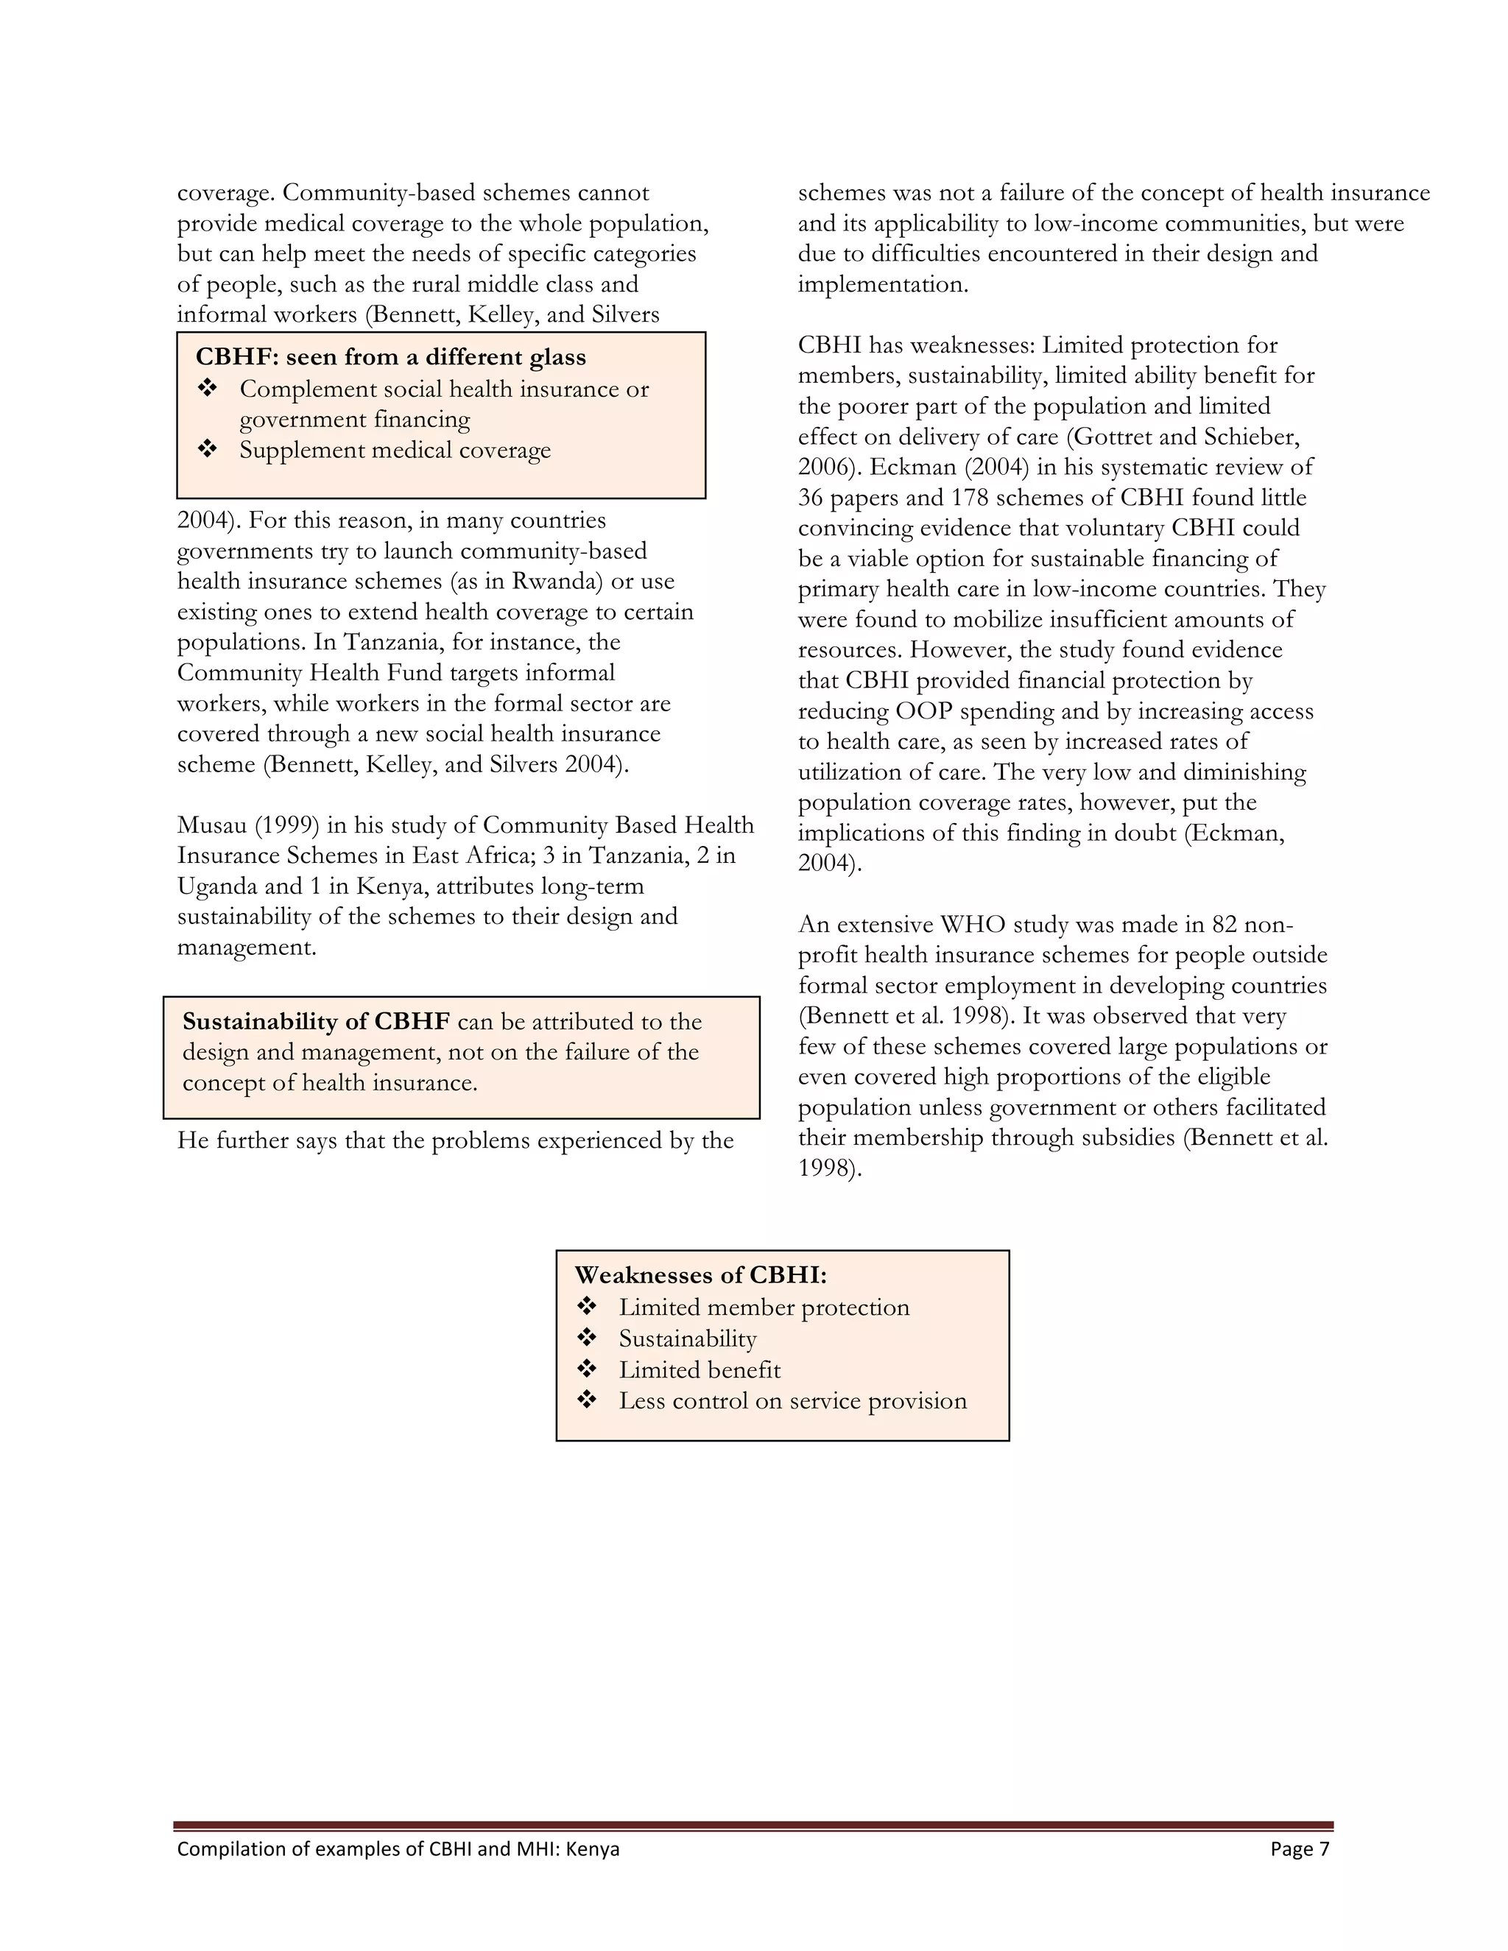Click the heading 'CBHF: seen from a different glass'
pos(390,357)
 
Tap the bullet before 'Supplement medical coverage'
pos(207,448)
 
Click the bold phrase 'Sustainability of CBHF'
pos(316,1021)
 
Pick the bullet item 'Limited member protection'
pos(764,1307)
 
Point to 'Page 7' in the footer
pos(1299,1848)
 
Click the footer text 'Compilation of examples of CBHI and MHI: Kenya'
pos(398,1848)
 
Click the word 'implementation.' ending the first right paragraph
pos(883,285)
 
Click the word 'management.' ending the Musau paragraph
pos(247,947)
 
